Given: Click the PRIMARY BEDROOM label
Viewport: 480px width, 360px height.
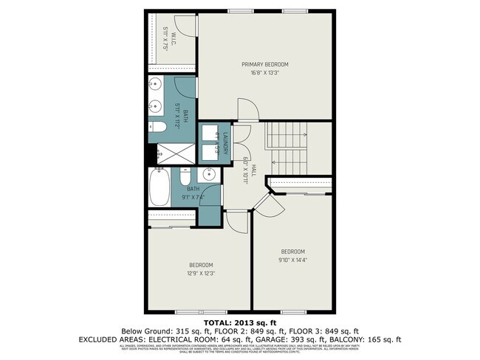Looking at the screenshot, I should click(x=264, y=65).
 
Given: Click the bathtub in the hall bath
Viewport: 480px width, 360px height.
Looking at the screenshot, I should click(x=160, y=187).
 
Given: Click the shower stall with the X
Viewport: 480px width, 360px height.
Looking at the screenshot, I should click(x=175, y=154).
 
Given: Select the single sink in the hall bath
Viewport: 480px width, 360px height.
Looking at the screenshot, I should click(x=209, y=176).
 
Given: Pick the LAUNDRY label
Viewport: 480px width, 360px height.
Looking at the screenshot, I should click(x=226, y=142).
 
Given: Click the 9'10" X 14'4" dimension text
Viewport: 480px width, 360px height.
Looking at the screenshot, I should click(x=292, y=259).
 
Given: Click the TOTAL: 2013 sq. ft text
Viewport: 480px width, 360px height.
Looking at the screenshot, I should click(x=240, y=322).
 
